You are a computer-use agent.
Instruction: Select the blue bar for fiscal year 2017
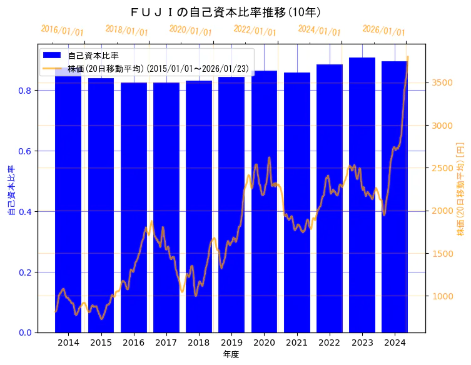pyautogui.click(x=166, y=206)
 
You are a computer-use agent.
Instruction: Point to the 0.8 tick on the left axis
pyautogui.click(x=26, y=91)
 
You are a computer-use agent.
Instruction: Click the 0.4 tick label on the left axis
pyautogui.click(x=26, y=212)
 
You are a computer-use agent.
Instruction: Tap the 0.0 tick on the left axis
pyautogui.click(x=26, y=332)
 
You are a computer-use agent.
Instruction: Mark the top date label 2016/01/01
pyautogui.click(x=62, y=31)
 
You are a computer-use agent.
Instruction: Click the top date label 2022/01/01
pyautogui.click(x=255, y=31)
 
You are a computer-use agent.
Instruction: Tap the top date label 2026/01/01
pyautogui.click(x=383, y=31)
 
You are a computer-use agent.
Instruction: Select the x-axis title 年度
pyautogui.click(x=231, y=354)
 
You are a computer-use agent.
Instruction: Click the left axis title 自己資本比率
pyautogui.click(x=11, y=191)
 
